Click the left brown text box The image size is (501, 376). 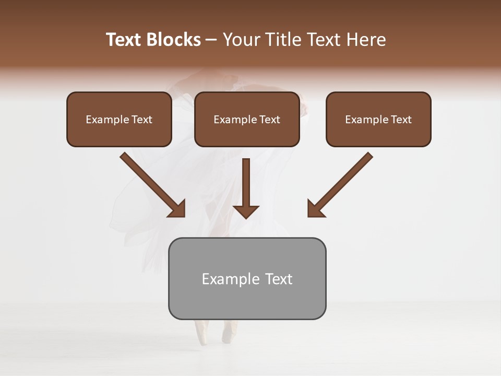119,119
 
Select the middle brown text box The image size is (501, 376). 247,119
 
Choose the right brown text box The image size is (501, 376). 378,119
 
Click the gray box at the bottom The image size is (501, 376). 247,278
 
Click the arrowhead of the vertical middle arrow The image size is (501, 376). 246,211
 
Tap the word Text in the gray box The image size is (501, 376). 279,279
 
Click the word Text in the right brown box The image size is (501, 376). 401,120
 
